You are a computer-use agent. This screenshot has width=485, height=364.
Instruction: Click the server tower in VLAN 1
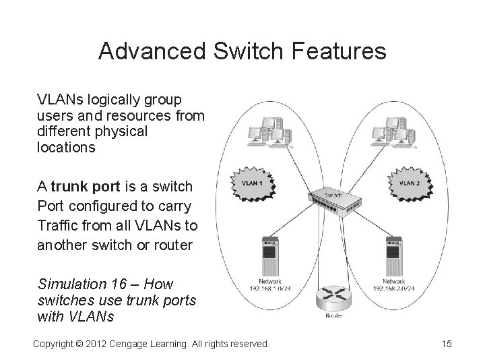click(271, 256)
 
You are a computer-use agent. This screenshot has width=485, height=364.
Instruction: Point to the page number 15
click(446, 344)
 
